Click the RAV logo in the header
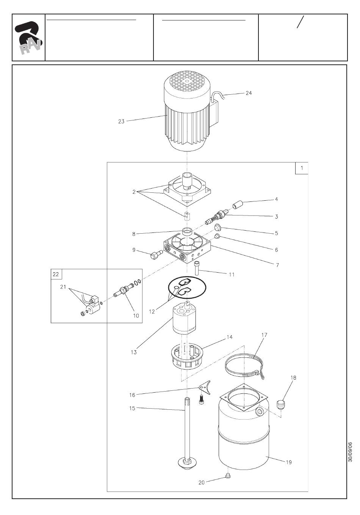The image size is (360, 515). click(28, 38)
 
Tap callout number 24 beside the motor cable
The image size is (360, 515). click(249, 93)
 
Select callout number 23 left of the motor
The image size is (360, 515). click(121, 122)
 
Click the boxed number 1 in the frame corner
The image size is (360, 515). click(302, 168)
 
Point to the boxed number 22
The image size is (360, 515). click(56, 274)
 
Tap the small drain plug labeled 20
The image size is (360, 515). click(228, 475)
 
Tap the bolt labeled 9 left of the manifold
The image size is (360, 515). click(156, 254)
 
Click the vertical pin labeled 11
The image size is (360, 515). click(197, 268)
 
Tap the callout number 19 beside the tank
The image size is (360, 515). click(289, 462)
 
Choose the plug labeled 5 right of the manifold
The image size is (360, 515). click(218, 228)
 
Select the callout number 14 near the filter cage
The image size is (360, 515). click(230, 337)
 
